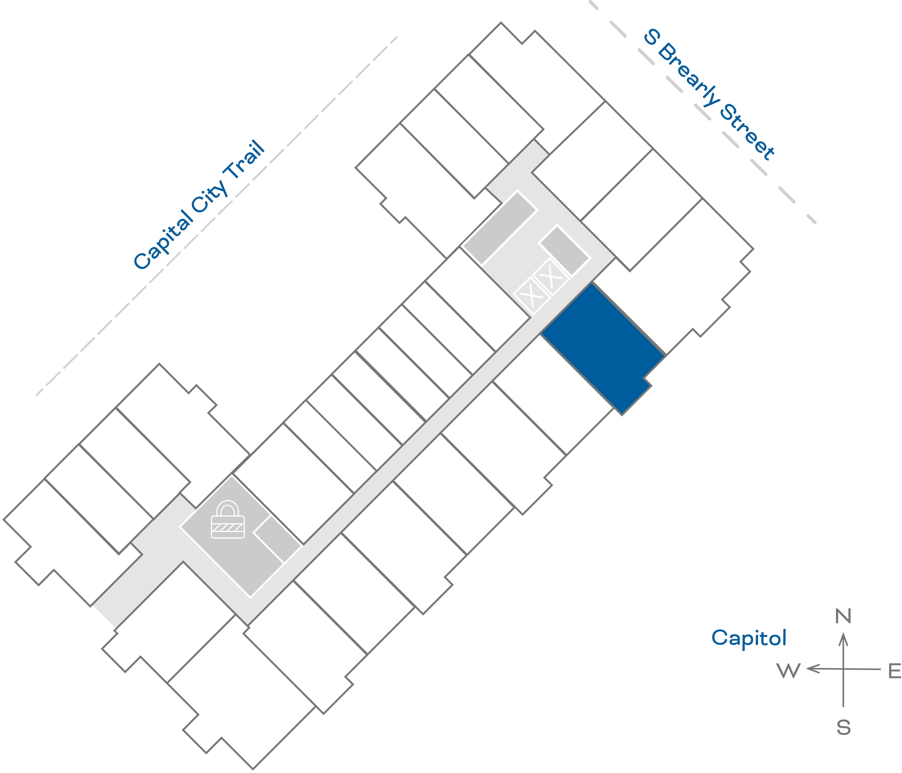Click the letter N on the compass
[x=843, y=616]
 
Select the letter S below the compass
[x=843, y=727]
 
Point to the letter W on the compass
[x=788, y=671]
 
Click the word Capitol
[x=749, y=638]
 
